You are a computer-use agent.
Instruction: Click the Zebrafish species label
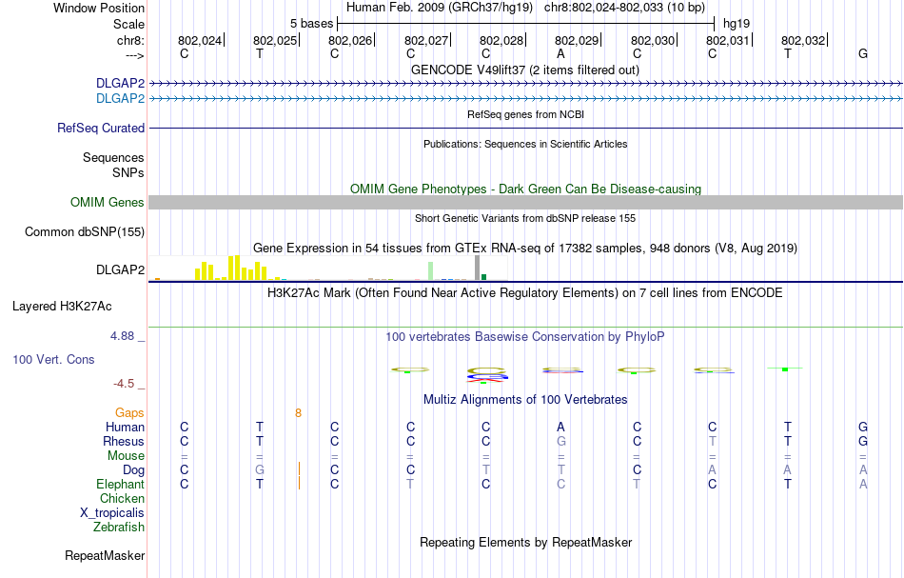[119, 527]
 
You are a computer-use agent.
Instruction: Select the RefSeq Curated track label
[101, 128]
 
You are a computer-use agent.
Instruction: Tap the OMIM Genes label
[108, 202]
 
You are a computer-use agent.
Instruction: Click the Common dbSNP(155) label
[85, 231]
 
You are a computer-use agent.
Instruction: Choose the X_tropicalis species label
[112, 512]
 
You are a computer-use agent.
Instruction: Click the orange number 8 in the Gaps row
[298, 412]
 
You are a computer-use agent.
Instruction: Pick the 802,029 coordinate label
[577, 40]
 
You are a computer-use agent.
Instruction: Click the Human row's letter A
[561, 427]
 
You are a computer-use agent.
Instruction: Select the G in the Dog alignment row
[259, 469]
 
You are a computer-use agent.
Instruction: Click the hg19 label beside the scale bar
[737, 23]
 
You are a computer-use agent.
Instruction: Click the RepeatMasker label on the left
[105, 555]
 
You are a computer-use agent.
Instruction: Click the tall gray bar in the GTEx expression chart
[477, 269]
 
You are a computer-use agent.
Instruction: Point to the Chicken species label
[123, 498]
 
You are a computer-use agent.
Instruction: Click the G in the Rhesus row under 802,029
[561, 441]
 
